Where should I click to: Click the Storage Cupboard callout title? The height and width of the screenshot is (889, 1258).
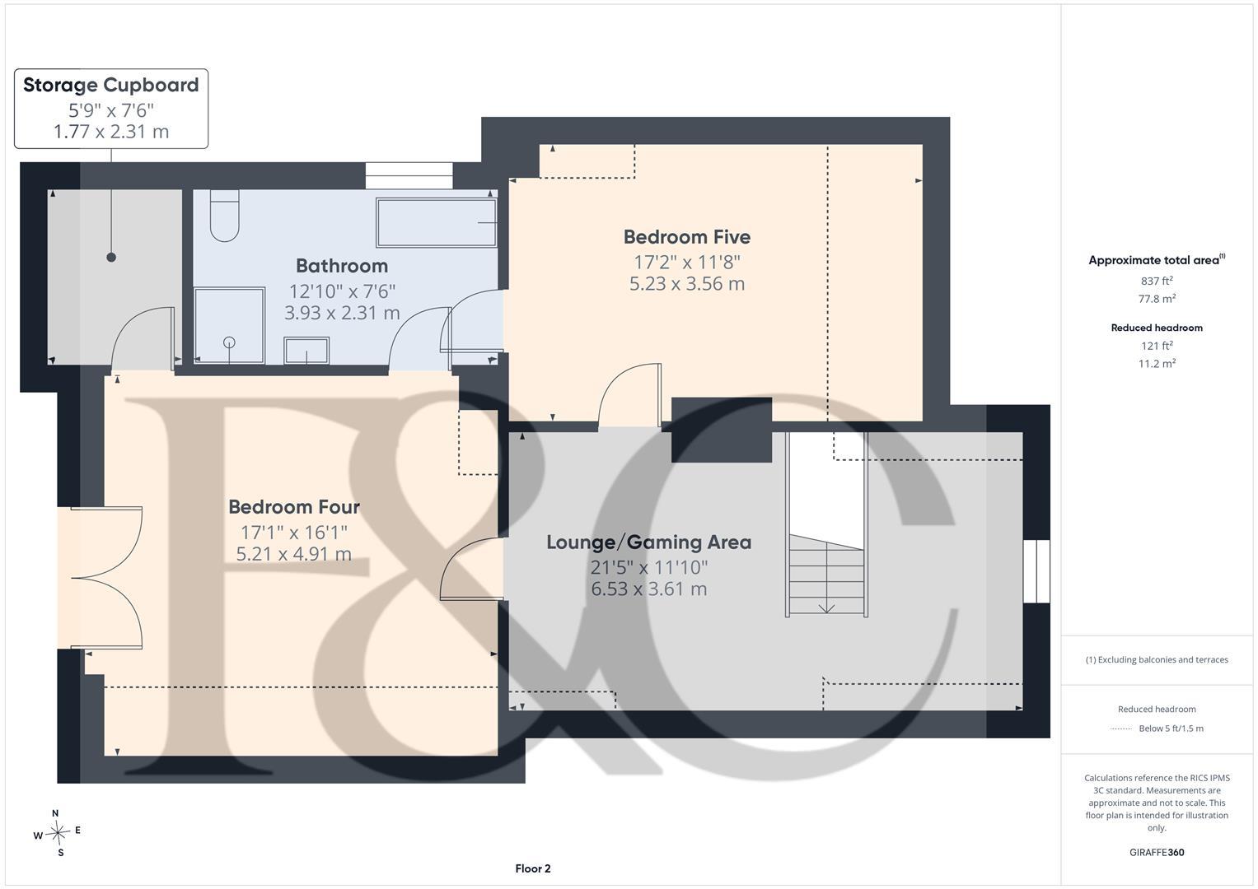(110, 85)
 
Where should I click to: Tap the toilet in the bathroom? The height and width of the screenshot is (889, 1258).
(225, 216)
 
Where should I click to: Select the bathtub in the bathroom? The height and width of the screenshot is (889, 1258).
(437, 222)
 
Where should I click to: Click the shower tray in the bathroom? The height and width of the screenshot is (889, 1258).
(229, 325)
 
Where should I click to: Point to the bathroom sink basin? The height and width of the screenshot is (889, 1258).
(306, 351)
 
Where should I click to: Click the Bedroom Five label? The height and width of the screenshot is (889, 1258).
(687, 237)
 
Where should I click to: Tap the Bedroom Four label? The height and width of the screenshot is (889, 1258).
(294, 507)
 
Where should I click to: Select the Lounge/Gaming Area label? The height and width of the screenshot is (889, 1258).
(648, 542)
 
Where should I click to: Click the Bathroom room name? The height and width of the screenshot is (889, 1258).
(342, 265)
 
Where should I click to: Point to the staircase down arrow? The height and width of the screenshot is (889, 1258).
(826, 607)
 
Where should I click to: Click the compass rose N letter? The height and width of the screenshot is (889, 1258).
(55, 813)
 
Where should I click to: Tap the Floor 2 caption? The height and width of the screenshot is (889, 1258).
(533, 868)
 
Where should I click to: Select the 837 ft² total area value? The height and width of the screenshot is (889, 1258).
(1157, 281)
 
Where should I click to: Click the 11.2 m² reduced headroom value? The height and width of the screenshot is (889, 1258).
(1157, 363)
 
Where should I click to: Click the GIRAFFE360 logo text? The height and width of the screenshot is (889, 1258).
(1157, 853)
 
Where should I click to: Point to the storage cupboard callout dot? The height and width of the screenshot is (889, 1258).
(111, 258)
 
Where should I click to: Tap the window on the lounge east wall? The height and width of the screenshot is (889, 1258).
(1036, 571)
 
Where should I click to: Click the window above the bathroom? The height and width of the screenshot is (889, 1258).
(409, 175)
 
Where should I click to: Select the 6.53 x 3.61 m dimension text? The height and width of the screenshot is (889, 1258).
(648, 589)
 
